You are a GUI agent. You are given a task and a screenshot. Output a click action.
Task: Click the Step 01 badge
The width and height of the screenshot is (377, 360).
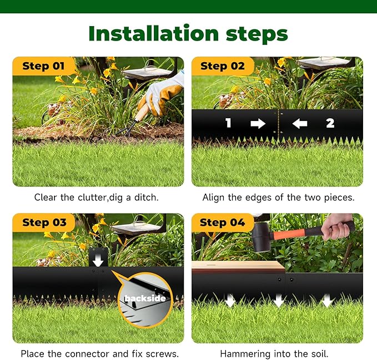click(43, 66)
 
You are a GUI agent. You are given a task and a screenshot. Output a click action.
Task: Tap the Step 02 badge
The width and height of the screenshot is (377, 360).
click(222, 66)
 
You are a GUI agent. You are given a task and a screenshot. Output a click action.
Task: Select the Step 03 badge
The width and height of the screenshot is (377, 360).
click(43, 222)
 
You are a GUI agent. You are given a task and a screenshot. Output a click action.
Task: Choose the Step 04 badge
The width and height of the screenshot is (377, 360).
click(222, 222)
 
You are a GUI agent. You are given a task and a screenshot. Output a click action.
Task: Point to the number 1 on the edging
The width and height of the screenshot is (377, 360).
click(228, 123)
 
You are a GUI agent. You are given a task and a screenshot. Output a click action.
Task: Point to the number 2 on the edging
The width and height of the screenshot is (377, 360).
click(330, 123)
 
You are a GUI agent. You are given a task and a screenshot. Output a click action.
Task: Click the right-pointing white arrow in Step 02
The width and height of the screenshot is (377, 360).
click(258, 123)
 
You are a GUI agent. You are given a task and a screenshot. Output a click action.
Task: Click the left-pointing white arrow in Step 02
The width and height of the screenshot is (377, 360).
click(300, 123)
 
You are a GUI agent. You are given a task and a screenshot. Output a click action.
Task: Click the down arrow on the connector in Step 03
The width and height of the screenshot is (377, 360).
click(98, 259)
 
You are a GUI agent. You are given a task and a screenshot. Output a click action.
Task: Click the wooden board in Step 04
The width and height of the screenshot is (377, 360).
click(238, 267)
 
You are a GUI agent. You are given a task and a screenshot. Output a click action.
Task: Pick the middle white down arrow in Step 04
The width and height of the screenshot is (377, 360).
click(278, 301)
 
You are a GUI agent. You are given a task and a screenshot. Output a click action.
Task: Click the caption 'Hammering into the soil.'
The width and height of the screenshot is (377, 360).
click(277, 353)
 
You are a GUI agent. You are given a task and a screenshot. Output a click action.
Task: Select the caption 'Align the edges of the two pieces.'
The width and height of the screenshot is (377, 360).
click(278, 197)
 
